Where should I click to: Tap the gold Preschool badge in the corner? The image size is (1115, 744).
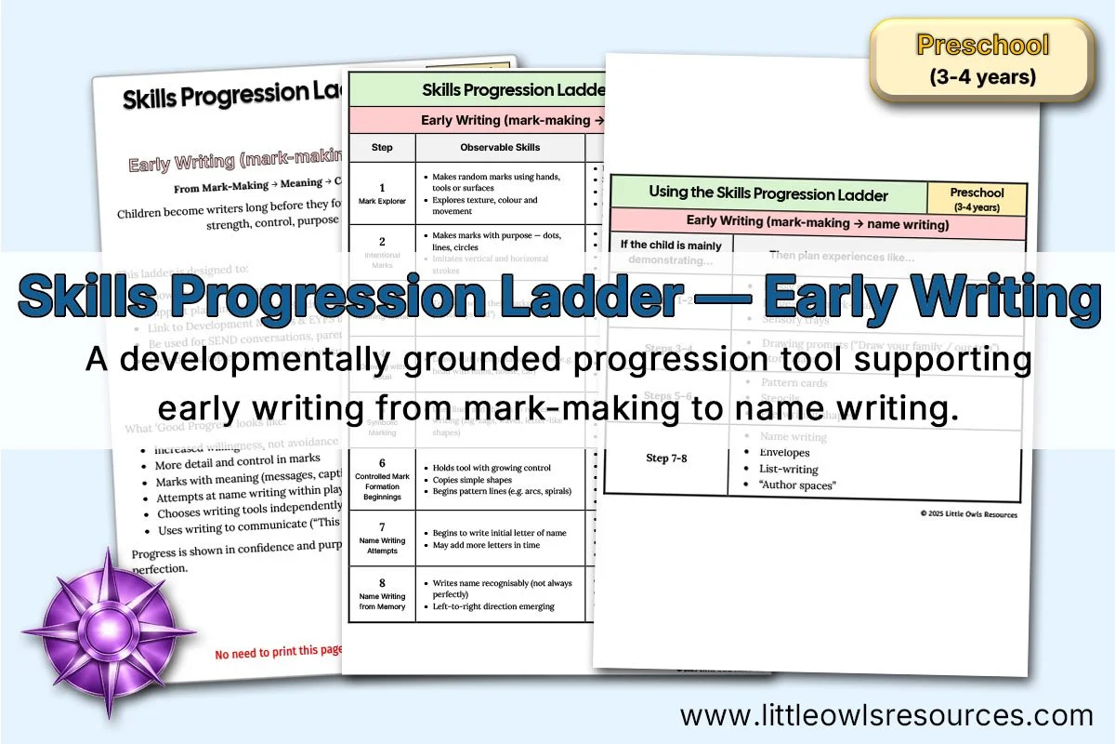coord(982,60)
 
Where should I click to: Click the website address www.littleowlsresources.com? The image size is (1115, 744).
coord(886,715)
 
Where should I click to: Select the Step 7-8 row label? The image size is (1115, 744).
coord(666,458)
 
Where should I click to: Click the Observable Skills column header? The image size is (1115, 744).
coord(500,147)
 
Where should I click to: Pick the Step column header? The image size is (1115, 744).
coord(382,147)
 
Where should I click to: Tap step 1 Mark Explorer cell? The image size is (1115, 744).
coord(382,193)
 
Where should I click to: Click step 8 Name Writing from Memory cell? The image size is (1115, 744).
coord(382,594)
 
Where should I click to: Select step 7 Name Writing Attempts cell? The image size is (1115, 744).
coord(382,538)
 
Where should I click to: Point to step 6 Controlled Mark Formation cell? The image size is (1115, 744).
coord(382,479)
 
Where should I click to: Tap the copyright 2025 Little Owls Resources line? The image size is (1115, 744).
coord(968,514)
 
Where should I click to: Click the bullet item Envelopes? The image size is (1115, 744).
coord(784,453)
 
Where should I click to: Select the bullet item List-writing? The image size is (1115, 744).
coord(790,470)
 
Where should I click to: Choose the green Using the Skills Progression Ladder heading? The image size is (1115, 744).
coord(767,194)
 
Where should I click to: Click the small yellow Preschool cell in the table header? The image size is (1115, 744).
coord(977,198)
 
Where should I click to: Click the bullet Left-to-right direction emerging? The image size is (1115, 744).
coord(493,606)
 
